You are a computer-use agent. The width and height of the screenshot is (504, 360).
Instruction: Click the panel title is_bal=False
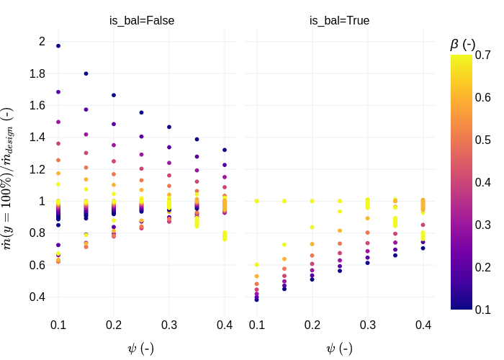pyautogui.click(x=142, y=21)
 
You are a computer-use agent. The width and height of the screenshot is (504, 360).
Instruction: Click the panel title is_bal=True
pyautogui.click(x=340, y=21)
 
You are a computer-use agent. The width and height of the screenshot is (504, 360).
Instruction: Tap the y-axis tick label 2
pyautogui.click(x=42, y=41)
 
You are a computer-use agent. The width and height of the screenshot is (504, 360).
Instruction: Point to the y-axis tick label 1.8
pyautogui.click(x=37, y=73)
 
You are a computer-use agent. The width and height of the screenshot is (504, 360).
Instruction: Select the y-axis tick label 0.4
pyautogui.click(x=37, y=297)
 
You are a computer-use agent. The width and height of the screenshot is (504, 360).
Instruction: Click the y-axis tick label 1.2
pyautogui.click(x=37, y=169)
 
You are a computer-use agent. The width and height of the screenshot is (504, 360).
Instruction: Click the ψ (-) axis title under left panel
pyautogui.click(x=140, y=348)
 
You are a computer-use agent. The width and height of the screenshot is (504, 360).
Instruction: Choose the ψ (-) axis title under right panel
pyautogui.click(x=339, y=348)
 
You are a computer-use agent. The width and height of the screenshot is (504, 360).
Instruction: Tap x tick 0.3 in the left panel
pyautogui.click(x=169, y=325)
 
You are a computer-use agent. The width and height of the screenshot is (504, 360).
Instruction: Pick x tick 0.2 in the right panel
pyautogui.click(x=312, y=325)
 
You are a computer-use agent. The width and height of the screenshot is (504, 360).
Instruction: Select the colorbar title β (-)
pyautogui.click(x=463, y=44)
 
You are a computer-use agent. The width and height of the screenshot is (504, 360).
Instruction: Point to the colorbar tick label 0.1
pyautogui.click(x=483, y=310)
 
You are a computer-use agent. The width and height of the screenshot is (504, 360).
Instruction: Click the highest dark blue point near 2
pyautogui.click(x=58, y=46)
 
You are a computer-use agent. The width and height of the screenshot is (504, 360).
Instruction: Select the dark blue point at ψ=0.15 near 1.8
pyautogui.click(x=86, y=73)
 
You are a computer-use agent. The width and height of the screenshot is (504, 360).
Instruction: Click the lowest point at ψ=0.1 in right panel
pyautogui.click(x=256, y=300)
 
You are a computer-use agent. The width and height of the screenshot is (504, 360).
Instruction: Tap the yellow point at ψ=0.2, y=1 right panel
pyautogui.click(x=312, y=201)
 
